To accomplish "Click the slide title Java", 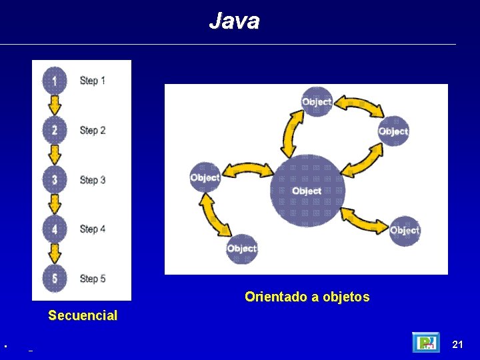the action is pyautogui.click(x=234, y=21).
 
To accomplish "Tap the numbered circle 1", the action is pyautogui.click(x=55, y=81).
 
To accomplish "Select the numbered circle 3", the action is pyautogui.click(x=55, y=179).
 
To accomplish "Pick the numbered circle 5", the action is pyautogui.click(x=55, y=278).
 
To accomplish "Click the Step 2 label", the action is pyautogui.click(x=93, y=131).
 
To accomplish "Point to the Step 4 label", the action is pyautogui.click(x=93, y=229).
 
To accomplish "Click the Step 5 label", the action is pyautogui.click(x=93, y=279).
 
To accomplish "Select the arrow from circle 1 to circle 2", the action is pyautogui.click(x=55, y=105).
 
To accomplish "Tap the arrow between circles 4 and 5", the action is pyautogui.click(x=55, y=253).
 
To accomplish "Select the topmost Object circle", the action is pyautogui.click(x=317, y=102).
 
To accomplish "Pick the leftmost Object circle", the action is pyautogui.click(x=205, y=177).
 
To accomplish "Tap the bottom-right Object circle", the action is pyautogui.click(x=404, y=231).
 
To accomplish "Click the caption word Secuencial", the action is pyautogui.click(x=83, y=315).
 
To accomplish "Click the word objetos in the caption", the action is pyautogui.click(x=346, y=297).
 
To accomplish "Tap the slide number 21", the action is pyautogui.click(x=457, y=344).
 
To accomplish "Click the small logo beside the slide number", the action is pyautogui.click(x=425, y=342).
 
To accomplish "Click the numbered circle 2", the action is pyautogui.click(x=55, y=130).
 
